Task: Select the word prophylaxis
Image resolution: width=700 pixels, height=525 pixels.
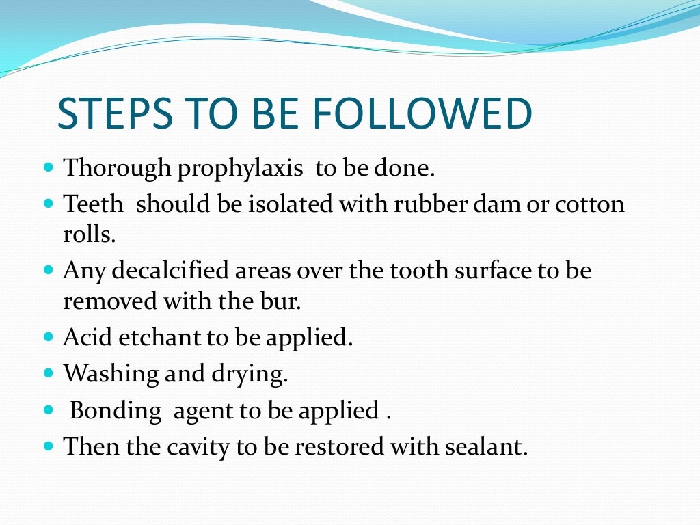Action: click(x=240, y=168)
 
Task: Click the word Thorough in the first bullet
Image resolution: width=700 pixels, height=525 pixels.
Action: click(x=117, y=168)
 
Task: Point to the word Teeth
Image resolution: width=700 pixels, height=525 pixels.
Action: click(x=94, y=204)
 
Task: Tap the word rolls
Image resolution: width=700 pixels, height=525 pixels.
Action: click(x=89, y=234)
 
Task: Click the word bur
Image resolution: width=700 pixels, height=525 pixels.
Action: click(x=284, y=301)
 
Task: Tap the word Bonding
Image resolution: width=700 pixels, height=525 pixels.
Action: click(x=116, y=410)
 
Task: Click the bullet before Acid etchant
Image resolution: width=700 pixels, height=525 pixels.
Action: click(x=49, y=337)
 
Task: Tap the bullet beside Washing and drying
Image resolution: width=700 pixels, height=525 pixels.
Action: click(x=49, y=373)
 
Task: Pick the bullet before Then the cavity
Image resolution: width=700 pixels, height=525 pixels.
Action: click(x=49, y=446)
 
